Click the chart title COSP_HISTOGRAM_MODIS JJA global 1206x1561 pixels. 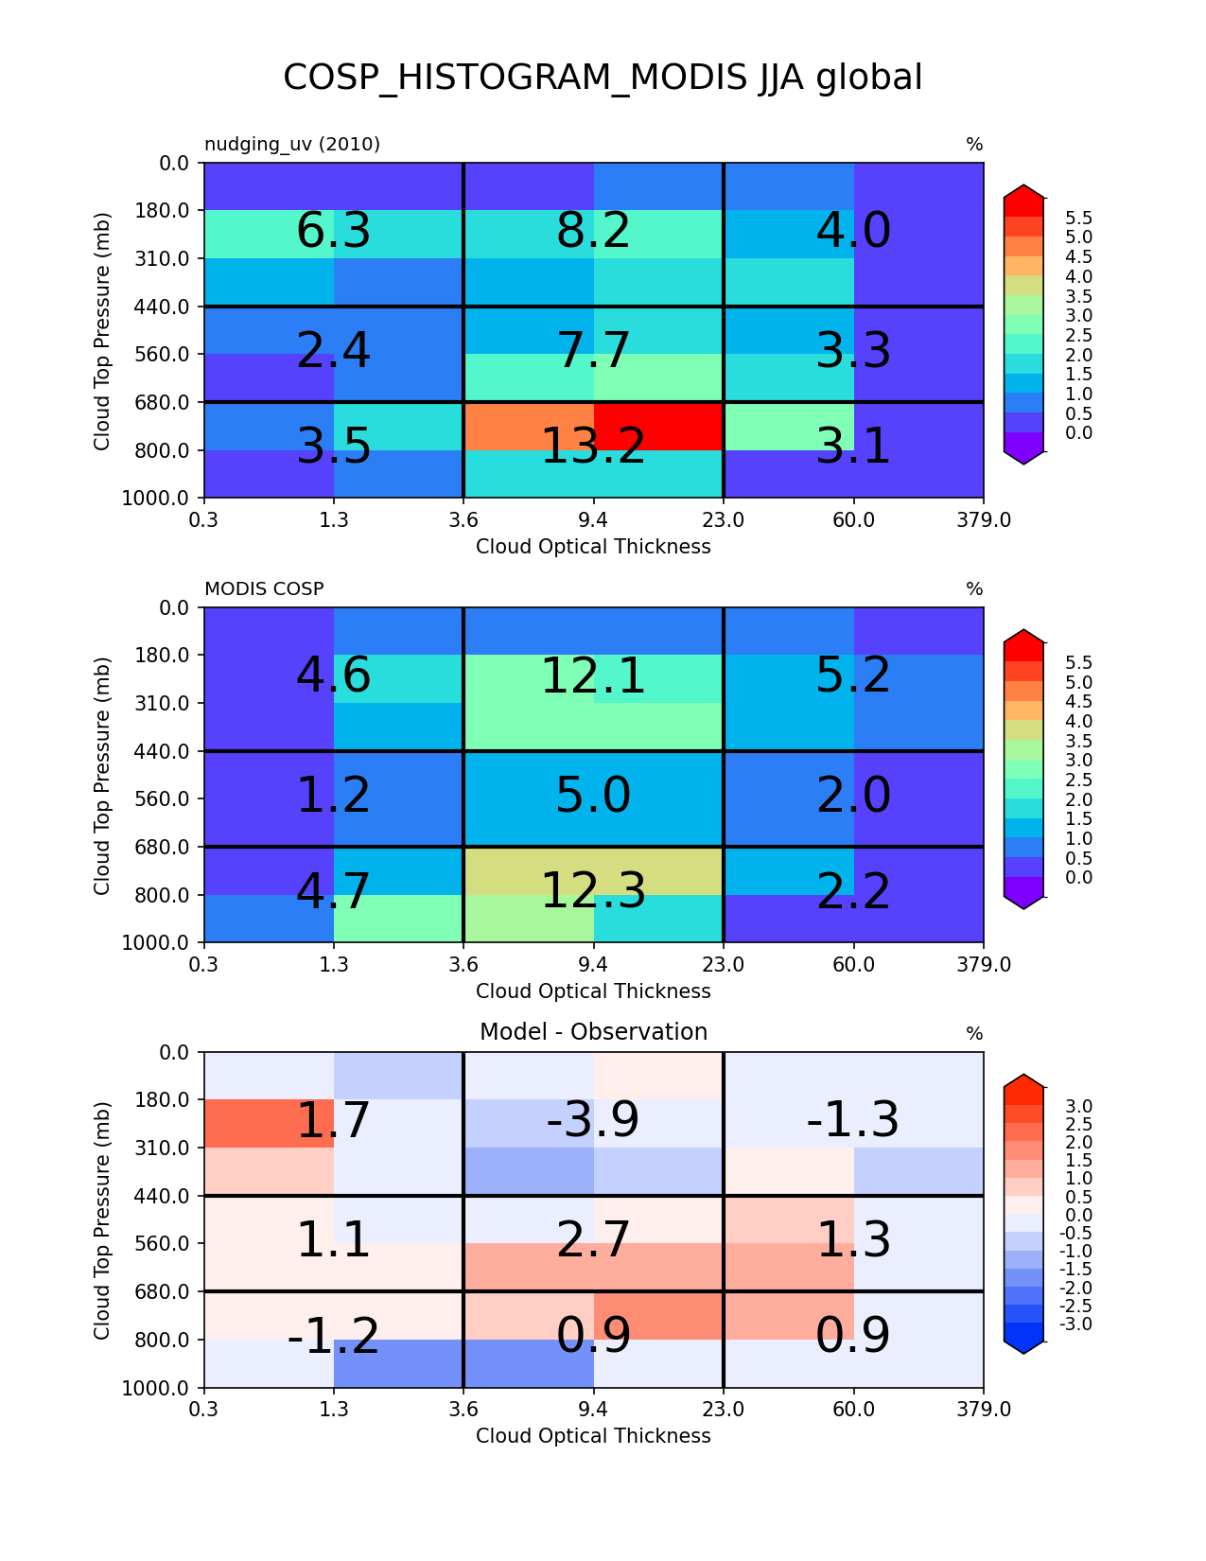(602, 78)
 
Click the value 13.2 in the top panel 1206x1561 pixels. (593, 447)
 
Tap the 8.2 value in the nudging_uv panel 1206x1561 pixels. (593, 231)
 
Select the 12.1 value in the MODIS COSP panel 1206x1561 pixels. (593, 676)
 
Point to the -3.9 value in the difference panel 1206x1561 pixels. (592, 1120)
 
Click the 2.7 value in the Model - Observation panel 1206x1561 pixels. (593, 1240)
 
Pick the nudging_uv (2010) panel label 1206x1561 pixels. (292, 145)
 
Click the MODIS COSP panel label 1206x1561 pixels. (264, 589)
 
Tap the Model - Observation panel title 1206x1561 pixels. (593, 1031)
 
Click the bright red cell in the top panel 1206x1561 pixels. (658, 427)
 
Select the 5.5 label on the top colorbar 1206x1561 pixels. (1078, 219)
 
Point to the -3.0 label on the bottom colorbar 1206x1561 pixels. (1076, 1324)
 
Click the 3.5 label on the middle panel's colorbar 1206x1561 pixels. (1078, 742)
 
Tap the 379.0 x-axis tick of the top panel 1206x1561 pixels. (984, 520)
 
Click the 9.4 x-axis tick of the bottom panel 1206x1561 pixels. (593, 1410)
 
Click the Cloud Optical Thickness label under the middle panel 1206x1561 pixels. (593, 991)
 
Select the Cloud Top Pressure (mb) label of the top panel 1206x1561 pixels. (102, 331)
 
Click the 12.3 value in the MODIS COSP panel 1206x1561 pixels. (593, 891)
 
